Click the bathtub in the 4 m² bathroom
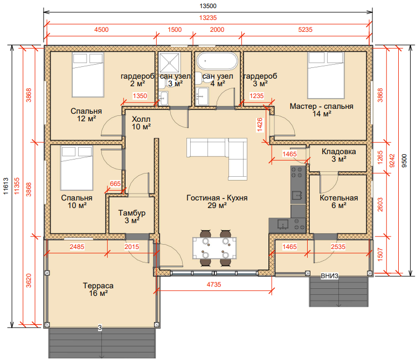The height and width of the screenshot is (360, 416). tap(217, 61)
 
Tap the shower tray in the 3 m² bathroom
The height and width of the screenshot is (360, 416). tap(170, 63)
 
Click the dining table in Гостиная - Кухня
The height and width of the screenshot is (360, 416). tap(214, 248)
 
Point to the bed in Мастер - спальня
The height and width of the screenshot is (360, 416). tap(326, 75)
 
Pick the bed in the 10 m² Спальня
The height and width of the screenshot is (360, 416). tap(77, 168)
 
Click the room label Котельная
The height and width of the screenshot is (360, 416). tap(339, 198)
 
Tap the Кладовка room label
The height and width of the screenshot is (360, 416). tap(339, 152)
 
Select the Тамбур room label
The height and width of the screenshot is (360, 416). tap(132, 213)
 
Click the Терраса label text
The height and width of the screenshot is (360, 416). tap(98, 286)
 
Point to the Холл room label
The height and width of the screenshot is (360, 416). tap(141, 119)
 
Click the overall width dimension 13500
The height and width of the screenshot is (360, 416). tap(208, 6)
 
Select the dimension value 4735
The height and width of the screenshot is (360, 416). tap(214, 285)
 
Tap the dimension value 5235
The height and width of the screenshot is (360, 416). tap(306, 30)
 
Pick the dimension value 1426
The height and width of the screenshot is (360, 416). tap(260, 124)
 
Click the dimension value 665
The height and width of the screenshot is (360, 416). tap(115, 184)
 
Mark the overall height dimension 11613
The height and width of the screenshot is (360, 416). tap(6, 186)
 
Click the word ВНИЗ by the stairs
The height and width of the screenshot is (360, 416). tap(329, 276)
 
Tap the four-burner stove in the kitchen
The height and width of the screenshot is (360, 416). tap(297, 172)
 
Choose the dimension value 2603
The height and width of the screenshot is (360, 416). tap(380, 205)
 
